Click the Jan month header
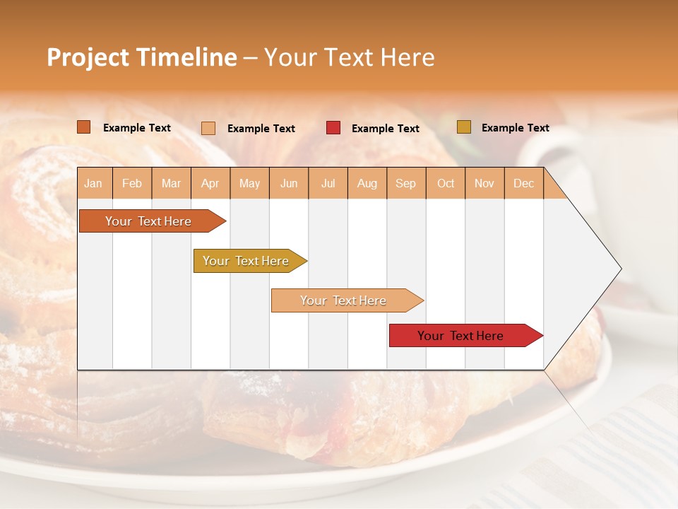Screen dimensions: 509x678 tap(93, 184)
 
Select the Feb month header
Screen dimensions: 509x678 tap(132, 184)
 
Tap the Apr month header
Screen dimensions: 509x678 tap(210, 184)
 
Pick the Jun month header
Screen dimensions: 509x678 tap(289, 184)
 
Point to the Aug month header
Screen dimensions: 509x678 tap(367, 184)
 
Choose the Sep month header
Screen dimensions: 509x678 tap(405, 184)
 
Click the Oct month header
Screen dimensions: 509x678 tap(446, 184)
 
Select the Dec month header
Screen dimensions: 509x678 tap(523, 184)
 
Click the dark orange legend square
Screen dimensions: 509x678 tap(83, 127)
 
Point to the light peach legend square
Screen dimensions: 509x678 tap(208, 128)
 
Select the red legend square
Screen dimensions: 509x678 tap(333, 128)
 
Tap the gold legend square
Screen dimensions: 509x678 tap(463, 127)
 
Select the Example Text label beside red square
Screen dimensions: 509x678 tap(385, 129)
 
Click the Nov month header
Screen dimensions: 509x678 tap(484, 184)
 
